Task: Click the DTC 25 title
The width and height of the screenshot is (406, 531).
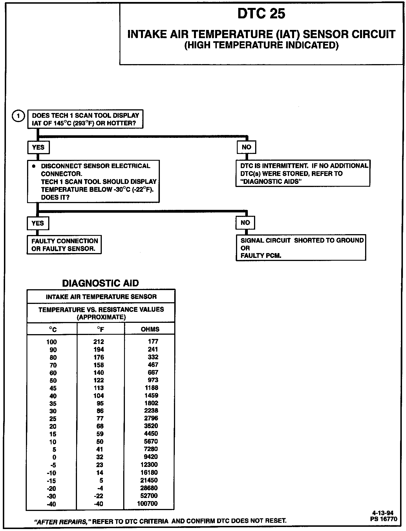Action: click(261, 14)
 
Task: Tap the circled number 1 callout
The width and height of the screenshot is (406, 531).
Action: click(18, 116)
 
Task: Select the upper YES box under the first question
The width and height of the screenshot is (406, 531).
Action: click(38, 147)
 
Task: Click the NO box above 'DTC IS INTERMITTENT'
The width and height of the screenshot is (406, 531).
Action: click(246, 147)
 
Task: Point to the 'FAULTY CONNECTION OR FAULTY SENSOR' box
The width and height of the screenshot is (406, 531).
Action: click(64, 245)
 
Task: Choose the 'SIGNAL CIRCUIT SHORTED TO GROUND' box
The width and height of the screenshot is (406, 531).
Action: click(301, 248)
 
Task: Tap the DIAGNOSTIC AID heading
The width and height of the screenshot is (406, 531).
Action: click(100, 283)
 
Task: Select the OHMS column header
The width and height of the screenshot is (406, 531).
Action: click(150, 329)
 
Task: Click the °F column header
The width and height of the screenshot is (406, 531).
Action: click(100, 329)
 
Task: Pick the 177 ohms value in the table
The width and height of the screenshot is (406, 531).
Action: click(153, 341)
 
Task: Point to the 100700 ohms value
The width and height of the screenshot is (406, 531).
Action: click(147, 503)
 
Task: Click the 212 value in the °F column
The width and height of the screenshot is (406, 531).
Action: click(99, 342)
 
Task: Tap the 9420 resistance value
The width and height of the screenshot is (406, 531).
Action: click(151, 457)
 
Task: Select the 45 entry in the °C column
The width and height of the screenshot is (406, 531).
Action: click(53, 388)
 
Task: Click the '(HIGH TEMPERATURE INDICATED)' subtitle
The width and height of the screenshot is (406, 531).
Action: click(261, 45)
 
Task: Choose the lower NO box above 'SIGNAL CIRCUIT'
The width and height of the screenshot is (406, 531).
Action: click(245, 223)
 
